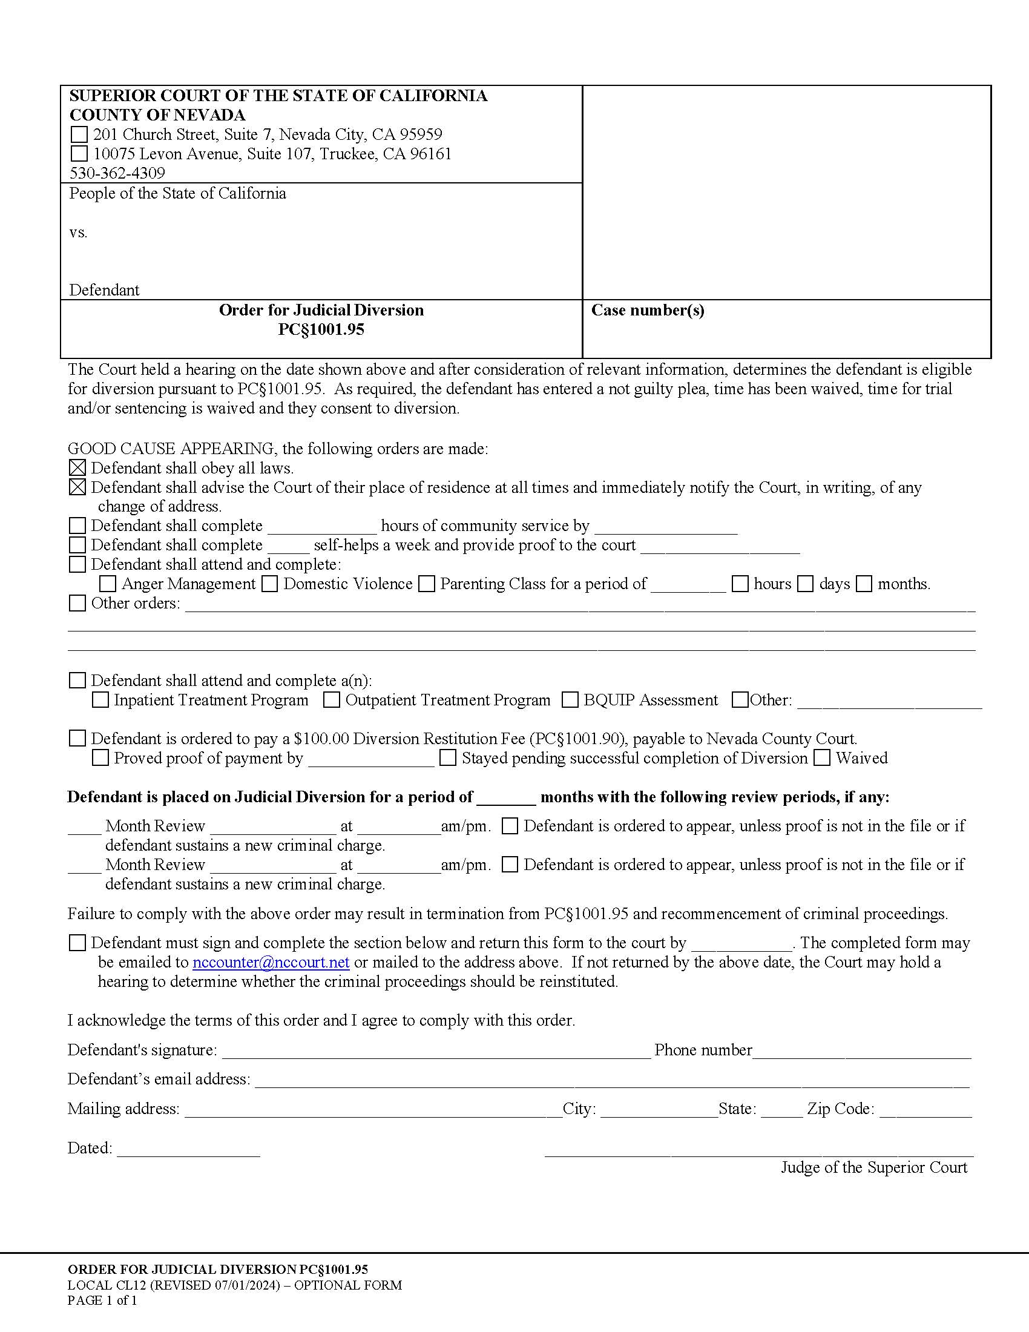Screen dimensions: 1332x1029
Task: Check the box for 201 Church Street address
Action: click(x=79, y=134)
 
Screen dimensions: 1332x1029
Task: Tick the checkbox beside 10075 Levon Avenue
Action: click(x=79, y=153)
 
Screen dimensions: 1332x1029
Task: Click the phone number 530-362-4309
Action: click(x=117, y=173)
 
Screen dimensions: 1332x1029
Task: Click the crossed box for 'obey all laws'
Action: click(x=77, y=468)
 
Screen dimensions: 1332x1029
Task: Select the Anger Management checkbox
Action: click(x=107, y=584)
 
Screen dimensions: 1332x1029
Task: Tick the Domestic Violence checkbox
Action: click(x=269, y=584)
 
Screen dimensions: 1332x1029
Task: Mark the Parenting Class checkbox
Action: click(x=427, y=584)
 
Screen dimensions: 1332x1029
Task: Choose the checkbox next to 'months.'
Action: click(x=864, y=584)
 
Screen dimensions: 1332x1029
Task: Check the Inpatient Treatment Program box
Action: click(x=100, y=699)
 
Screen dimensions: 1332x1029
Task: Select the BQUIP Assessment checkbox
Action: click(x=570, y=699)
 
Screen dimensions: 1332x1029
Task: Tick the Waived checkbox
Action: click(x=823, y=757)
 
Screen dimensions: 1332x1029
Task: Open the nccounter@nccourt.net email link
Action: click(x=271, y=963)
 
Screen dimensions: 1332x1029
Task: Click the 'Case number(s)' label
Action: click(x=648, y=311)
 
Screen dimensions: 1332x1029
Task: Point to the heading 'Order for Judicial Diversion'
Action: click(x=321, y=311)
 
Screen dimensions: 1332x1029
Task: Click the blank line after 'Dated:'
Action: click(x=188, y=1149)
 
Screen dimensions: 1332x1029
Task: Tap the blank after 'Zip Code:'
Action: click(x=925, y=1109)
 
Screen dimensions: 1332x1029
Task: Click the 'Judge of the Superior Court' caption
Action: click(x=874, y=1167)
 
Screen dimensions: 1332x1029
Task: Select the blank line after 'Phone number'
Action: click(x=861, y=1051)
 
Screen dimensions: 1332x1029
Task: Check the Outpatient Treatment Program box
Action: click(x=331, y=699)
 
